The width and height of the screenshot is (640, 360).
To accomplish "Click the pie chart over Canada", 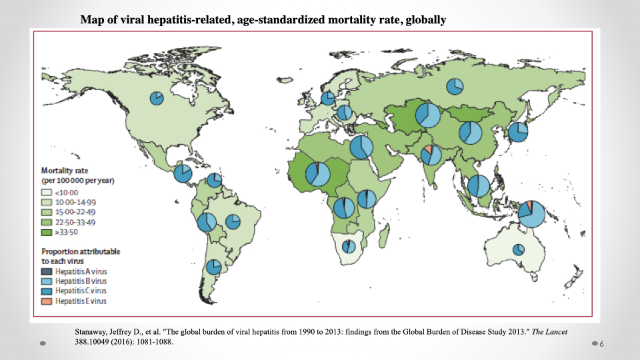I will coord(156,98).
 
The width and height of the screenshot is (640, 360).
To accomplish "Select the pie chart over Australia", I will coord(519,249).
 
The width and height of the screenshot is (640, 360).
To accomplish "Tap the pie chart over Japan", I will coord(518,132).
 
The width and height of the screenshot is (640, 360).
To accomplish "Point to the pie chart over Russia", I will coord(455,86).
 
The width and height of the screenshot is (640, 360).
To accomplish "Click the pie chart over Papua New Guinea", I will coord(531,213).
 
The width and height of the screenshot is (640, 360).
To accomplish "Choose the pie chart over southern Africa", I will coord(349,246).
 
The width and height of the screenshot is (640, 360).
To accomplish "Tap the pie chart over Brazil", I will coord(233,221).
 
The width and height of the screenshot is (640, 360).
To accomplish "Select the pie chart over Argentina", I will coord(213,267).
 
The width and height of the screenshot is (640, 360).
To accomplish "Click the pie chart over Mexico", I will coord(183,174).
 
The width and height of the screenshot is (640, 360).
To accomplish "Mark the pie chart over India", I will coord(431,155).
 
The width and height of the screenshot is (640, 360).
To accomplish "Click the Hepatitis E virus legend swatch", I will coord(47,301).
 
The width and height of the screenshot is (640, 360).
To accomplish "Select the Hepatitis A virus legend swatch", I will coord(47,271).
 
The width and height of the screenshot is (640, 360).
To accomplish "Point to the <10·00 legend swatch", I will coord(47,193).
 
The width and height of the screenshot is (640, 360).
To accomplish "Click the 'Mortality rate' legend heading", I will coord(63,171).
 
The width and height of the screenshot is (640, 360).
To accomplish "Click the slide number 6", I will coord(601,343).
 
